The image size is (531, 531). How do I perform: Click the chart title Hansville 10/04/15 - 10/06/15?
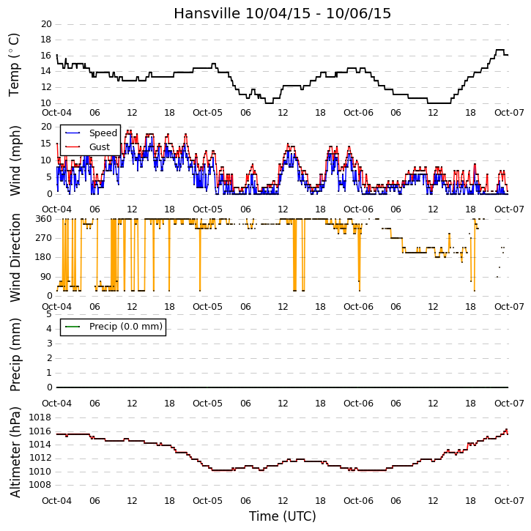283,13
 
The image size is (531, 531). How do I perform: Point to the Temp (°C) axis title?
14,64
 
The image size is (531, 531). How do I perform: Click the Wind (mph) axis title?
15,160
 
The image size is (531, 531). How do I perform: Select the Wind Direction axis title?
15,258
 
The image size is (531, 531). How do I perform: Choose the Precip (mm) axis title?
15,355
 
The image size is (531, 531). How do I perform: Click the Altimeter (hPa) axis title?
15,452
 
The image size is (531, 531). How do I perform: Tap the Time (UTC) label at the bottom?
283,516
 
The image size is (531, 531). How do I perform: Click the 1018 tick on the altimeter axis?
40,417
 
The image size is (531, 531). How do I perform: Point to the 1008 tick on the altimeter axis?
40,485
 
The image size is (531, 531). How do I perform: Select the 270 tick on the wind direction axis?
44,238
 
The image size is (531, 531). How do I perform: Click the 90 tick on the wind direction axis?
46,277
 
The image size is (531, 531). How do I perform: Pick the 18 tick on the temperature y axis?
46,40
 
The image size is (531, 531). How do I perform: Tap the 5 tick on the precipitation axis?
50,314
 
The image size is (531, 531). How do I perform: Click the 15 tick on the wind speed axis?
46,144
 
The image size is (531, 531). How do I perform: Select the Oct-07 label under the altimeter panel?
509,501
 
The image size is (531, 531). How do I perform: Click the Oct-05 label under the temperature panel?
207,113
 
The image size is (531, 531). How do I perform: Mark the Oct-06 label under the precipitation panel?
358,404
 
